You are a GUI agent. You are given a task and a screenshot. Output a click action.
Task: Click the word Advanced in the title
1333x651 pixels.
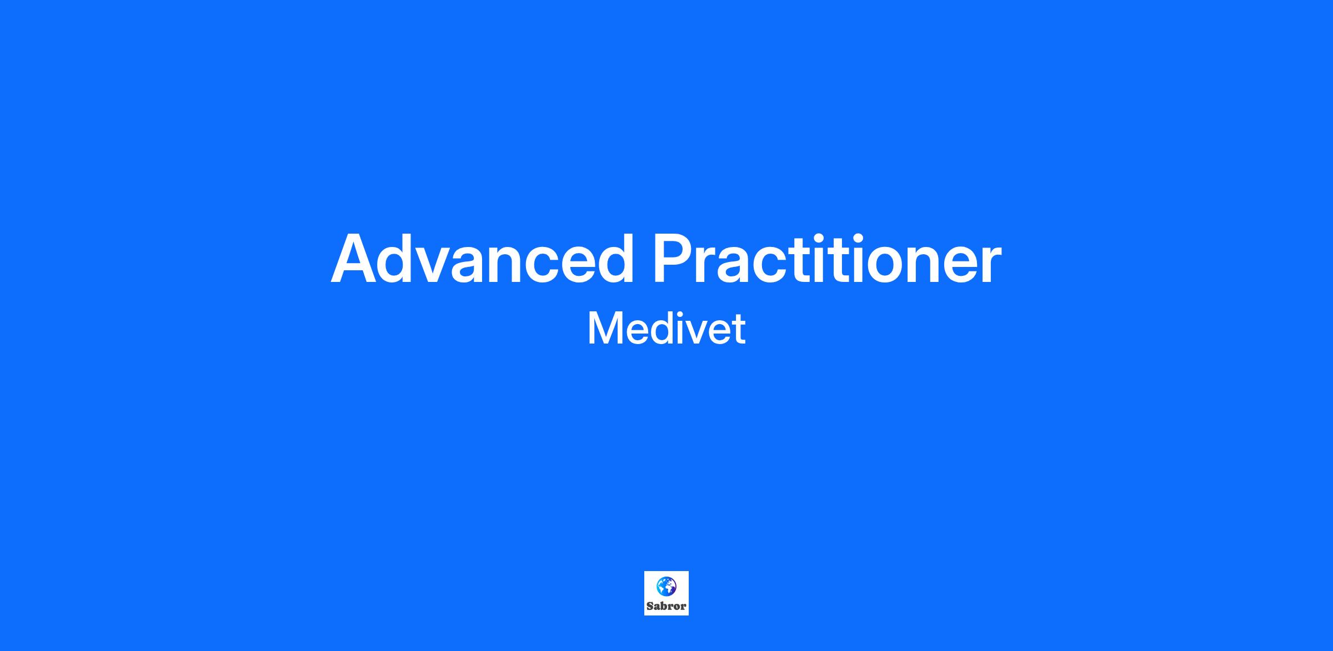482,259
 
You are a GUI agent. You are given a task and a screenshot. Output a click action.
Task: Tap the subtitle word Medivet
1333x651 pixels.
666,329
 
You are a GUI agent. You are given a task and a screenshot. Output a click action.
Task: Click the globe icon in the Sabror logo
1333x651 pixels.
666,586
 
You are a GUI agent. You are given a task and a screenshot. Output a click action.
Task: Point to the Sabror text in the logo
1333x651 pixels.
666,606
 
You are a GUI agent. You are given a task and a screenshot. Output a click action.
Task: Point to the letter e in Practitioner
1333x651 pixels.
957,265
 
